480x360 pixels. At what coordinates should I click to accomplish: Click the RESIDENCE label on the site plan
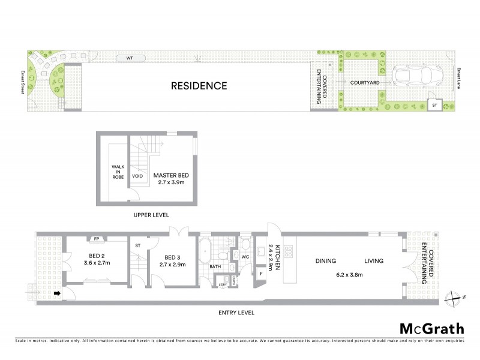pyautogui.click(x=199, y=86)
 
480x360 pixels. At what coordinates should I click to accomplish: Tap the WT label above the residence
pyautogui.click(x=128, y=58)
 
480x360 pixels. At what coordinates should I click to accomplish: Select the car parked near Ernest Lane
pyautogui.click(x=417, y=77)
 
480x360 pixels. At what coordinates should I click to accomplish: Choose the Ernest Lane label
pyautogui.click(x=458, y=79)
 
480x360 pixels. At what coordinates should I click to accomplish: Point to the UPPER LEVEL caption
pyautogui.click(x=151, y=214)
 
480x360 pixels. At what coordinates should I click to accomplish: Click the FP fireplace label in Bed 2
pyautogui.click(x=96, y=239)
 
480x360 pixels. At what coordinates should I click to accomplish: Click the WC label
pyautogui.click(x=245, y=257)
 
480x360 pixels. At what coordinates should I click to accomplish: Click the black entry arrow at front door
pyautogui.click(x=58, y=293)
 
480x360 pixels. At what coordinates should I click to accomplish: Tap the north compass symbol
pyautogui.click(x=455, y=297)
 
